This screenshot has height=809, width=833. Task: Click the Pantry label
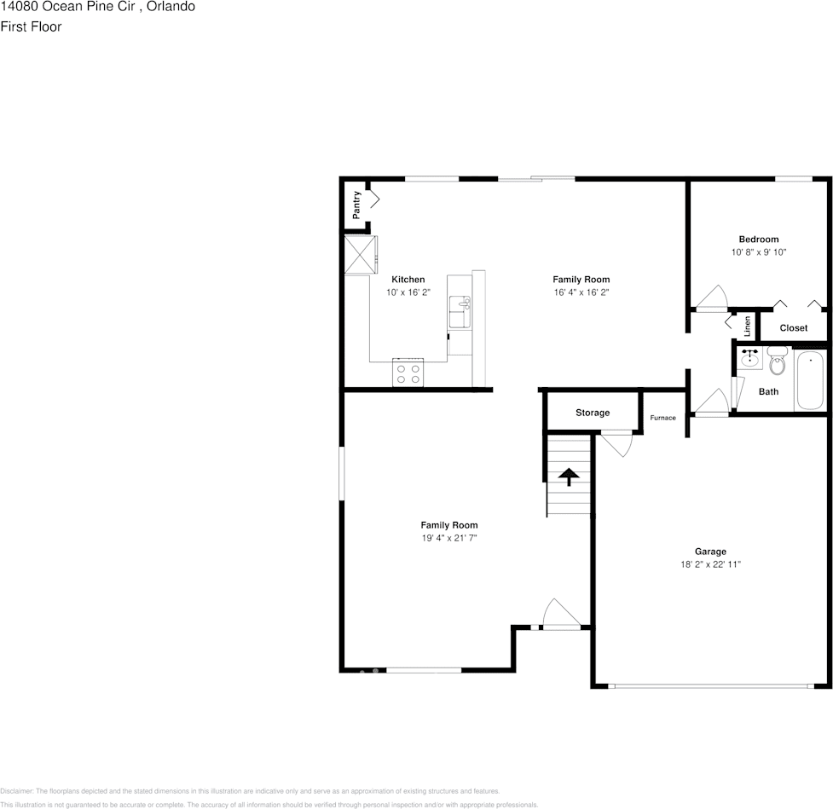click(x=356, y=202)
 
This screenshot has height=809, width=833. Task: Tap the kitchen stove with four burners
click(x=408, y=373)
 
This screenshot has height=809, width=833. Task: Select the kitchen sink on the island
click(x=459, y=313)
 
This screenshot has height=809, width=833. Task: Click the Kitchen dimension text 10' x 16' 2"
click(x=408, y=292)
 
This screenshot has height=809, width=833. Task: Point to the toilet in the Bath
click(x=777, y=363)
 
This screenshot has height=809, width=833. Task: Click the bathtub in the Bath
click(x=810, y=380)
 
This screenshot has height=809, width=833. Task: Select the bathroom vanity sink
click(x=749, y=359)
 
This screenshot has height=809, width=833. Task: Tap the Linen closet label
click(x=748, y=325)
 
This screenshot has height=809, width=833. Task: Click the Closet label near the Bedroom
click(x=793, y=328)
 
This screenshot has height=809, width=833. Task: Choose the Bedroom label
click(x=758, y=240)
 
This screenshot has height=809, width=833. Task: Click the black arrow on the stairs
click(x=568, y=476)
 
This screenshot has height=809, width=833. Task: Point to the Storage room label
click(x=592, y=413)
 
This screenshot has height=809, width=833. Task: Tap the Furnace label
click(x=662, y=418)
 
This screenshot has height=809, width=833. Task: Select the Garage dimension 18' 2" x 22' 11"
click(x=709, y=564)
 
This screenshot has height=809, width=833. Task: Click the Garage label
click(x=709, y=552)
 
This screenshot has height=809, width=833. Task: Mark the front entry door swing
click(x=559, y=614)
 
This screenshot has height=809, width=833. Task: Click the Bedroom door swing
click(x=709, y=298)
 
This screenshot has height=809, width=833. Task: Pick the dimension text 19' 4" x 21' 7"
click(x=448, y=538)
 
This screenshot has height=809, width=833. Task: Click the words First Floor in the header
click(x=31, y=26)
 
